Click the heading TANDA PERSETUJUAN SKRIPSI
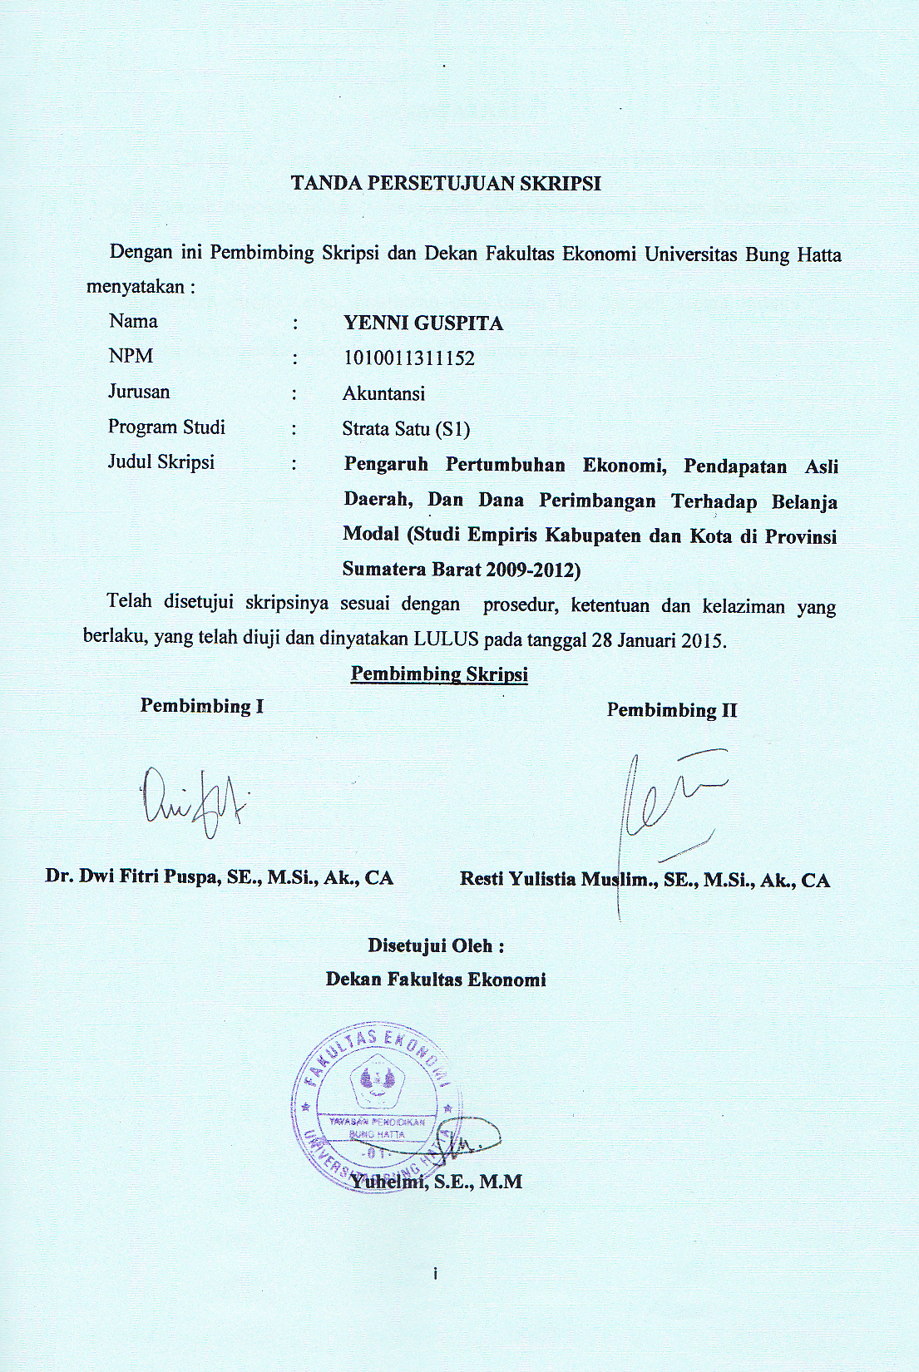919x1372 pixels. [x=446, y=185]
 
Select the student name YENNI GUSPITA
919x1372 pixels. [x=423, y=323]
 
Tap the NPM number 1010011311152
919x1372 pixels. [x=408, y=358]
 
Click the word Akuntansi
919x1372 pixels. [x=383, y=393]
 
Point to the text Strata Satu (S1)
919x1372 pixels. [x=406, y=429]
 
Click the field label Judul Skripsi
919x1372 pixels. [x=161, y=461]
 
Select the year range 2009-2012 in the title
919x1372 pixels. [x=532, y=570]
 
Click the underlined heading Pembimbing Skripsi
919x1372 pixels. [x=439, y=674]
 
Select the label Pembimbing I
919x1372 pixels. [x=202, y=706]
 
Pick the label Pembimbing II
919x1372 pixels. [x=672, y=710]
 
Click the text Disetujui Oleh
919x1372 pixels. [x=436, y=945]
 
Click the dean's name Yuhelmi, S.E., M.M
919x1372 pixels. [x=436, y=1181]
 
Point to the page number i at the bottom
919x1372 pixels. [x=435, y=1274]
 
